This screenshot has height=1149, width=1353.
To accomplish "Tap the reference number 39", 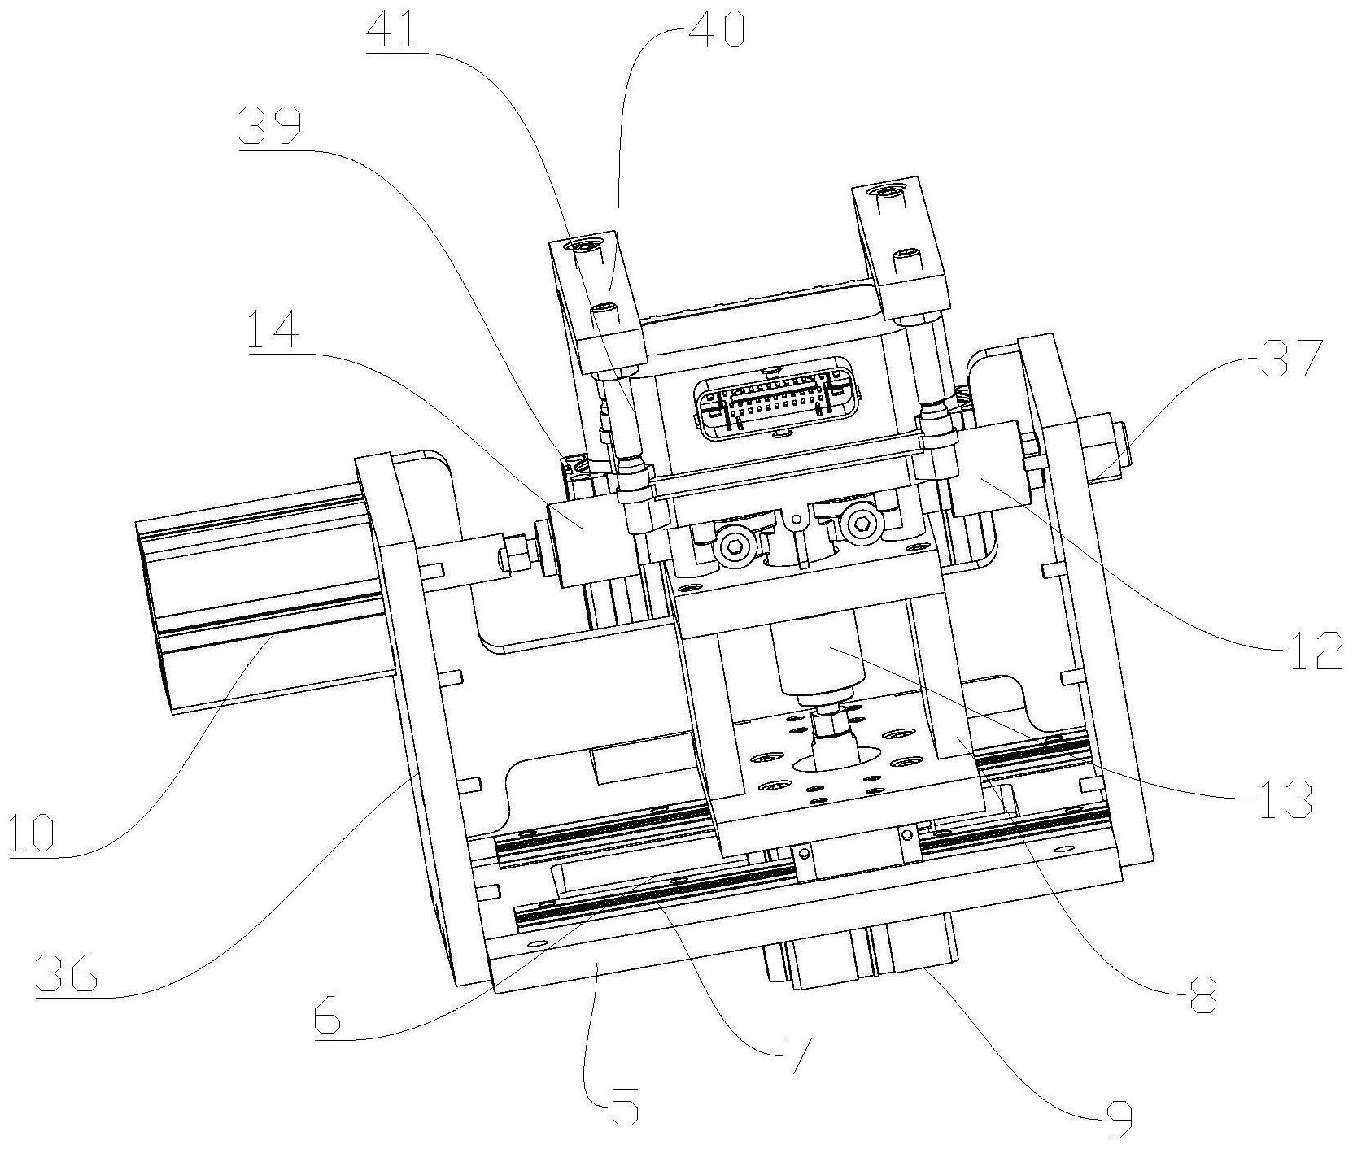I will (x=269, y=128).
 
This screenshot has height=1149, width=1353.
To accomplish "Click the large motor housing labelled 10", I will (x=260, y=594).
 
